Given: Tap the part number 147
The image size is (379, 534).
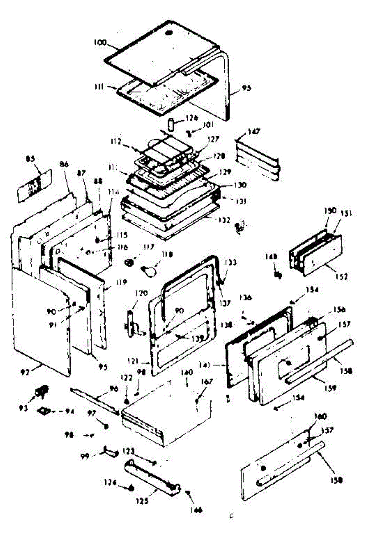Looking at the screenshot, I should (x=254, y=131).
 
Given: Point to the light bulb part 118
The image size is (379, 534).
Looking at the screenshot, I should (x=148, y=269).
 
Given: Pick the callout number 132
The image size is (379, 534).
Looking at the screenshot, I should (x=224, y=219).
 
